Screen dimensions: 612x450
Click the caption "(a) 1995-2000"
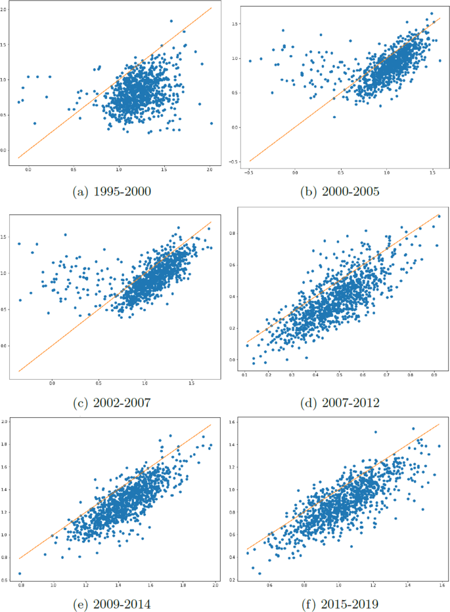click(x=113, y=191)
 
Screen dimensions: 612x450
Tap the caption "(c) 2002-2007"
click(x=113, y=401)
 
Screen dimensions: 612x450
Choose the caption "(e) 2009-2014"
click(x=113, y=601)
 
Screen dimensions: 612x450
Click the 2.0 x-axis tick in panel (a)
click(x=210, y=170)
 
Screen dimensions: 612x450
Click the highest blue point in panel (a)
click(x=171, y=21)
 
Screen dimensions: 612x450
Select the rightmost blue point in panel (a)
click(x=212, y=123)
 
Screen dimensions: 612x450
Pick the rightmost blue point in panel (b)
click(x=440, y=60)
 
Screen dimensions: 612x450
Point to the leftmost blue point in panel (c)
click(x=18, y=243)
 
